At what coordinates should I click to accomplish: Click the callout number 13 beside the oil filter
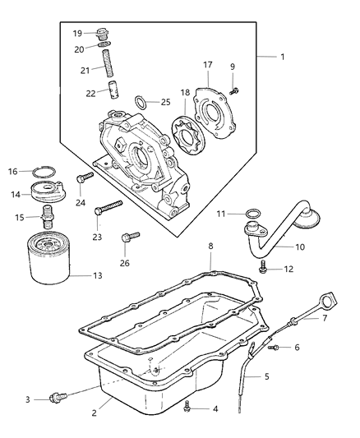pos(98,275)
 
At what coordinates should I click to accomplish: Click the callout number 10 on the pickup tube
pos(278,246)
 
